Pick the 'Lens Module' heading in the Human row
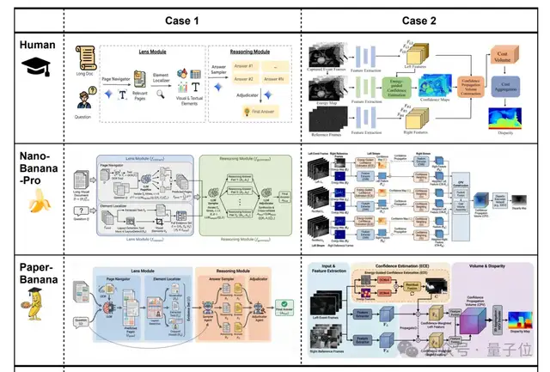coord(151,52)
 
